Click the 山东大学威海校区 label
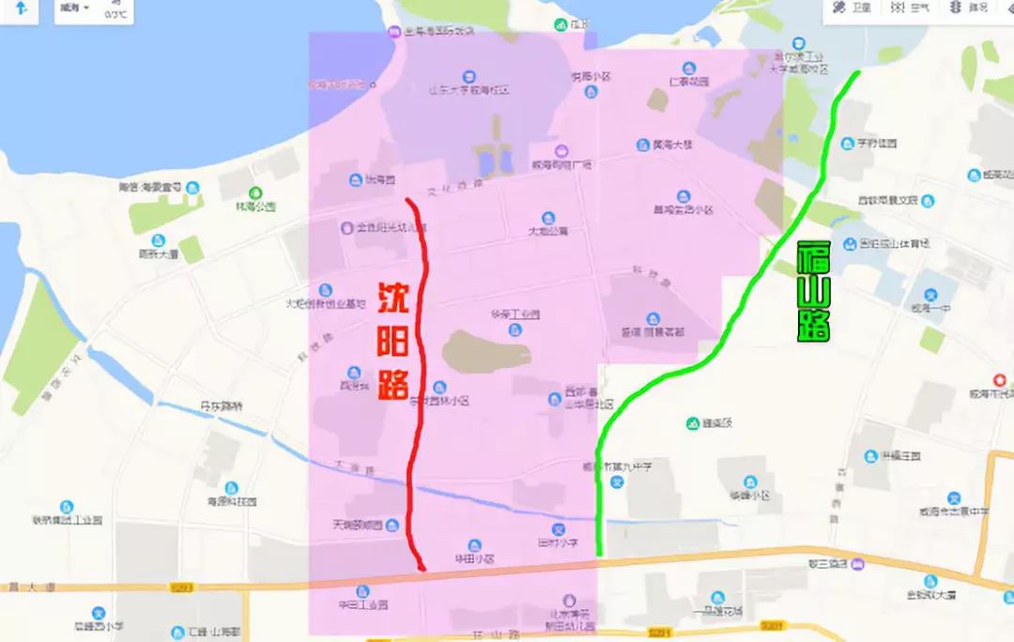469,91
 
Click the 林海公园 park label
255,206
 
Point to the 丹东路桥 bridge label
222,406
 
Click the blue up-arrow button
21,9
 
